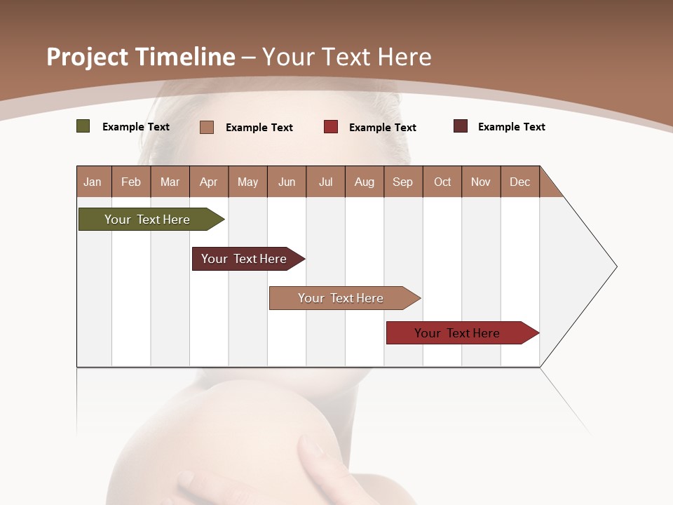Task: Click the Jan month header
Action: (93, 182)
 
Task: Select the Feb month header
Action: (131, 182)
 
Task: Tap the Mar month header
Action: (170, 182)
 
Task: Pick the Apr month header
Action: (209, 182)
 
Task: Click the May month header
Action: (247, 182)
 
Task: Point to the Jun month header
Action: (287, 182)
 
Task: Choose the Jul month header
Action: (325, 182)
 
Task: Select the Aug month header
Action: (365, 182)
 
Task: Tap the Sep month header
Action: (403, 182)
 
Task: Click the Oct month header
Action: (442, 182)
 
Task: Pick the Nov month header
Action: (481, 182)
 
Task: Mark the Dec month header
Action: (520, 182)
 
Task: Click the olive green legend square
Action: (83, 126)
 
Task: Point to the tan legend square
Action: (207, 127)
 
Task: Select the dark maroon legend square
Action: (461, 126)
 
